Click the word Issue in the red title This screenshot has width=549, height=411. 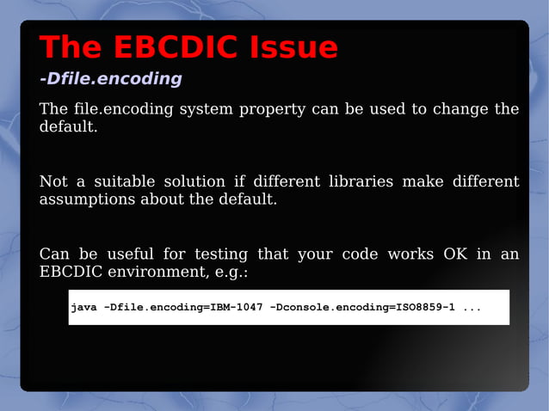(293, 47)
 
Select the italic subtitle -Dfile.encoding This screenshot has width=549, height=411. (110, 79)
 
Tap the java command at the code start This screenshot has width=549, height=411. (83, 307)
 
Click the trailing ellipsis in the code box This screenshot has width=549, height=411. (472, 308)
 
